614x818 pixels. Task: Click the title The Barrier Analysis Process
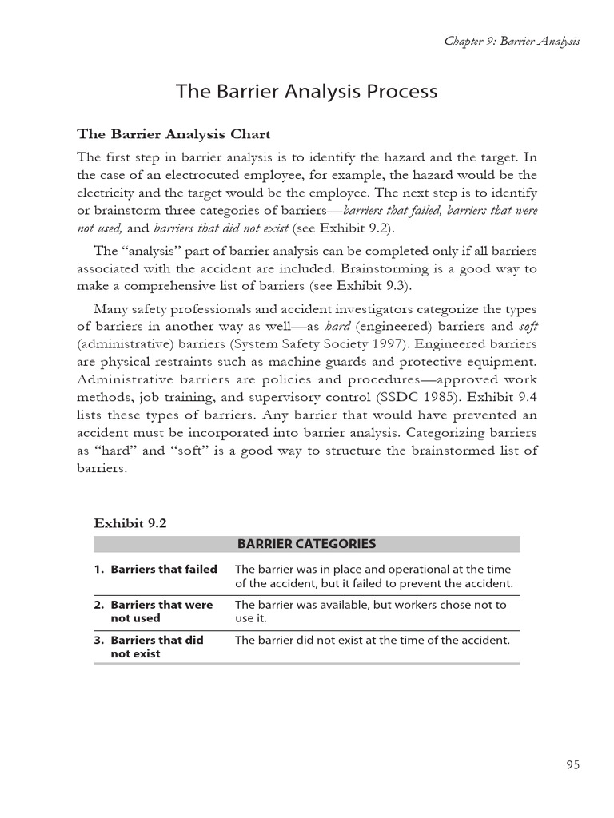point(306,92)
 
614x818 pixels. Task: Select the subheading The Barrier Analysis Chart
point(173,133)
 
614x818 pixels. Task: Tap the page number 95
point(572,764)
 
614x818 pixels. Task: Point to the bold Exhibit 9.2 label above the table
point(130,523)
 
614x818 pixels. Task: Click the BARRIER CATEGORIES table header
point(306,544)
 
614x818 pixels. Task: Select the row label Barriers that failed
point(163,570)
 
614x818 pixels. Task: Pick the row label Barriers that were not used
point(161,611)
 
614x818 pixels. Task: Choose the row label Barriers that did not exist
point(156,646)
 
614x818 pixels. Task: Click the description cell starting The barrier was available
point(370,611)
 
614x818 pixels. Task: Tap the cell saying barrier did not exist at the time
point(372,640)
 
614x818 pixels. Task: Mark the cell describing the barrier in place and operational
point(373,576)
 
